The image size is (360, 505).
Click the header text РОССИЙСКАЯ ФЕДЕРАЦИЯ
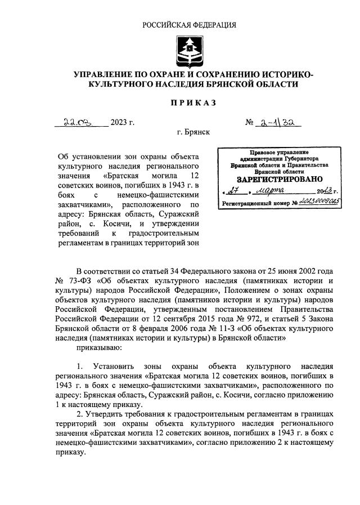point(189,25)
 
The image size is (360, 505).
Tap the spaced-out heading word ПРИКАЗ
point(189,102)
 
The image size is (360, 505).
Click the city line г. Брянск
point(193,133)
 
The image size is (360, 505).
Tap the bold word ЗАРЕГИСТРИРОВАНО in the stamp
point(274,180)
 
